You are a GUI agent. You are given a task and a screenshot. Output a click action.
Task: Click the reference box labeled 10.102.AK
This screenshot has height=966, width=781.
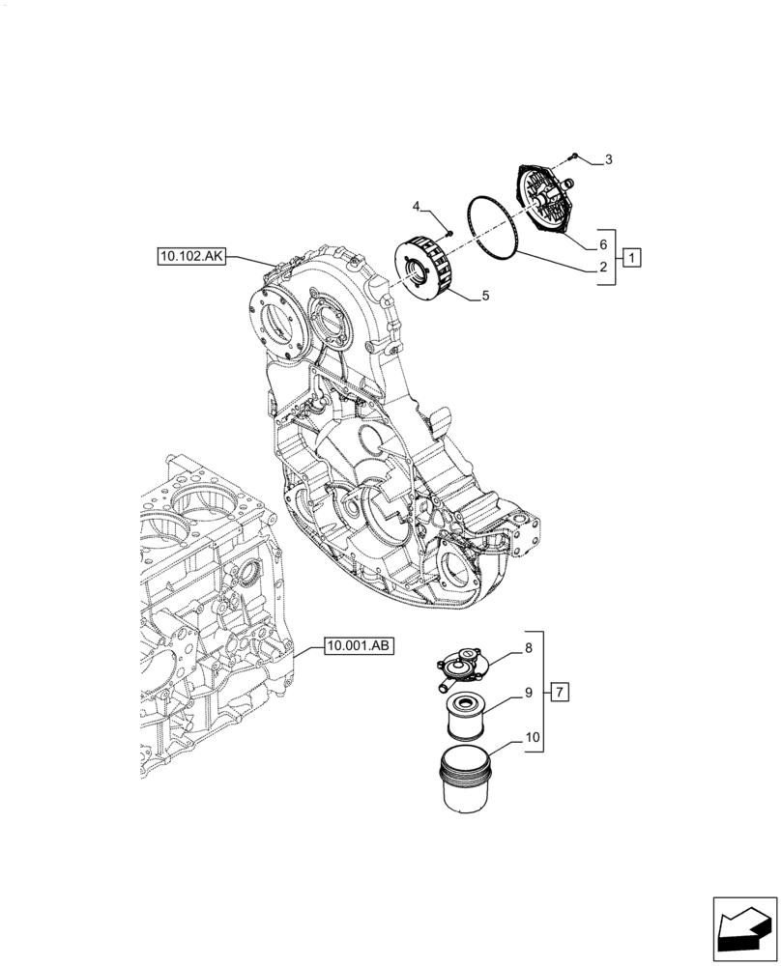189,256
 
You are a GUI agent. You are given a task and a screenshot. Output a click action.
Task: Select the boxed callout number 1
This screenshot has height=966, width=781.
630,257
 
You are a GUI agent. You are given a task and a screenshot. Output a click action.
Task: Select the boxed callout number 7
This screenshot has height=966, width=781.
562,692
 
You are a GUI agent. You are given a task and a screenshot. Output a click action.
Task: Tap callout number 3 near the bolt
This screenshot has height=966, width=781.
607,159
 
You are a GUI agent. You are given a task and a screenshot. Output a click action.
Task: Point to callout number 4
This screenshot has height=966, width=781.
417,207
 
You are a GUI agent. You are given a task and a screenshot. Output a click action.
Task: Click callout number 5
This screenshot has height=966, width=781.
484,297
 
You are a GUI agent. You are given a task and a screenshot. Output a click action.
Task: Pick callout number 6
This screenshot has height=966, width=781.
602,245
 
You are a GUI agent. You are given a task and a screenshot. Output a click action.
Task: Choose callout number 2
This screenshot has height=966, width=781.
602,270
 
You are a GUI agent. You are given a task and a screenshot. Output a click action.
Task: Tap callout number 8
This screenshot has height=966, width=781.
528,650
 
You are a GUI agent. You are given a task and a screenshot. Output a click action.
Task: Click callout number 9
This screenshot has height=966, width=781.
528,693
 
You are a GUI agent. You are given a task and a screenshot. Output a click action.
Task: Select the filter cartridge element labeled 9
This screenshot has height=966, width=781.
467,718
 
